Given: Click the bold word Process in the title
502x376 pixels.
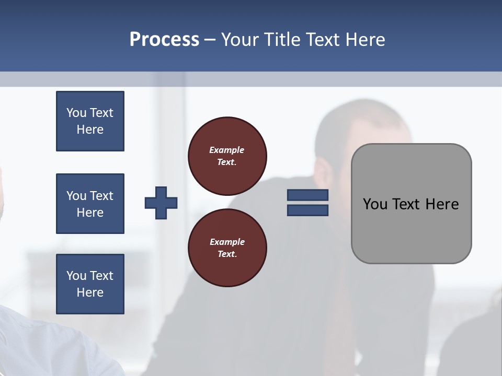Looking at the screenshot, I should [x=164, y=40].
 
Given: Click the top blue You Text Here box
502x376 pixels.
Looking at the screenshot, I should [x=90, y=121].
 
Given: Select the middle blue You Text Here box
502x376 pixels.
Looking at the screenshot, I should [x=90, y=204].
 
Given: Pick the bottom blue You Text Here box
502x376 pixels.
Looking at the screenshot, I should [x=90, y=284].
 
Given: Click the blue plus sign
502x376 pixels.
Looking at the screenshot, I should [x=161, y=203].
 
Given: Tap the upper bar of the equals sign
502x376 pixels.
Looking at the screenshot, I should [x=307, y=195].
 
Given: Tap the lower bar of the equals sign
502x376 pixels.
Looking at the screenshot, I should [x=307, y=210].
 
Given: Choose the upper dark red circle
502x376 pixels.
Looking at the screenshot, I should [x=227, y=156].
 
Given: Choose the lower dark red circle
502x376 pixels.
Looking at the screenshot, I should [x=227, y=248].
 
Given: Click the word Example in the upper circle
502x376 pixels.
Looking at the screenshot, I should [x=226, y=150].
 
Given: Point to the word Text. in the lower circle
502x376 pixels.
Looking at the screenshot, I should [x=227, y=254].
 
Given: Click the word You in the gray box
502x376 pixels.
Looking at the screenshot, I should [x=374, y=204].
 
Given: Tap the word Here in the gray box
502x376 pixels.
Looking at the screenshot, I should [x=442, y=204].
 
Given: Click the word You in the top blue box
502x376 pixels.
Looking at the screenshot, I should [x=76, y=113].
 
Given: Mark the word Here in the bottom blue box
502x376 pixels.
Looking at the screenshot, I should [x=90, y=292].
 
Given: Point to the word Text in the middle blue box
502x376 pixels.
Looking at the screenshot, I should [x=101, y=196].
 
